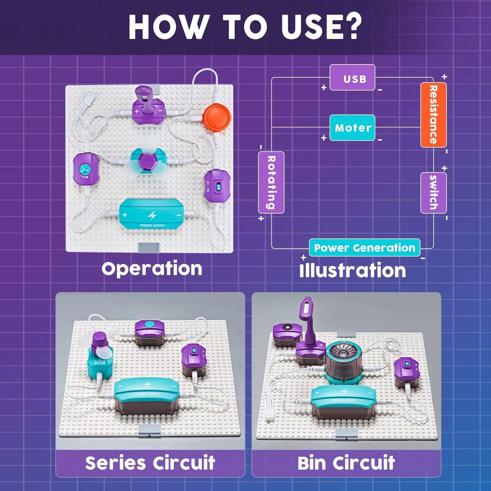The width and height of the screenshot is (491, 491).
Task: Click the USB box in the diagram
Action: (x=352, y=77)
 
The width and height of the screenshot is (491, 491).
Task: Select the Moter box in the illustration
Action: (x=352, y=128)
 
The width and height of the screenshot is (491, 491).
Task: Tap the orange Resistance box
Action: (x=433, y=115)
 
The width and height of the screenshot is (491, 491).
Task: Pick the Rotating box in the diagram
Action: (x=271, y=182)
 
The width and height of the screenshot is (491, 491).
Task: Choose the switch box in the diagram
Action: (x=433, y=193)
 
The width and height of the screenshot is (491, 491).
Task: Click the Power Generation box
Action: (x=365, y=247)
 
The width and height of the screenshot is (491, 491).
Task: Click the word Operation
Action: (x=152, y=269)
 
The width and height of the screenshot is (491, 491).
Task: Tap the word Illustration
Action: (x=353, y=270)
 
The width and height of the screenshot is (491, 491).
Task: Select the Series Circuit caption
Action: (x=150, y=463)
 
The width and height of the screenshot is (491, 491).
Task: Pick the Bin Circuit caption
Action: (x=346, y=463)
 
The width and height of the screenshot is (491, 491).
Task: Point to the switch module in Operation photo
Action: (x=217, y=186)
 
